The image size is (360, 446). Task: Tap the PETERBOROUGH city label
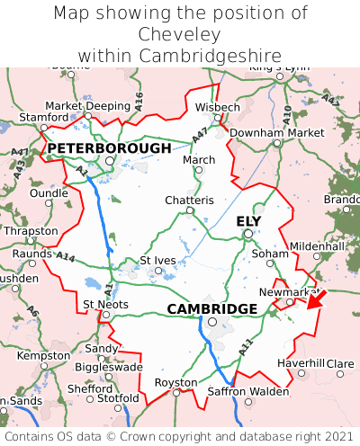[x=109, y=147]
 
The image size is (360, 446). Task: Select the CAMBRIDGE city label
[x=211, y=308]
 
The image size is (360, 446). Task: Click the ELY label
[x=248, y=221]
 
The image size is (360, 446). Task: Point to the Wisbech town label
[x=218, y=107]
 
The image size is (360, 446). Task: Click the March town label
[x=199, y=159]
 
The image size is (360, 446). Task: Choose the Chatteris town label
[x=189, y=200]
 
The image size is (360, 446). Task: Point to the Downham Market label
[x=276, y=132]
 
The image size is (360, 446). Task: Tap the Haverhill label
[x=301, y=362]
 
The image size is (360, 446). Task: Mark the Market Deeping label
[x=87, y=105]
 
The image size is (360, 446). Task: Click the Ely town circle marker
[x=247, y=235]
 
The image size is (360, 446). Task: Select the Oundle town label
[x=49, y=192]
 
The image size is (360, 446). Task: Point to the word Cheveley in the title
[x=180, y=35]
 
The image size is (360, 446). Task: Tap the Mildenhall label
[x=317, y=245]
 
